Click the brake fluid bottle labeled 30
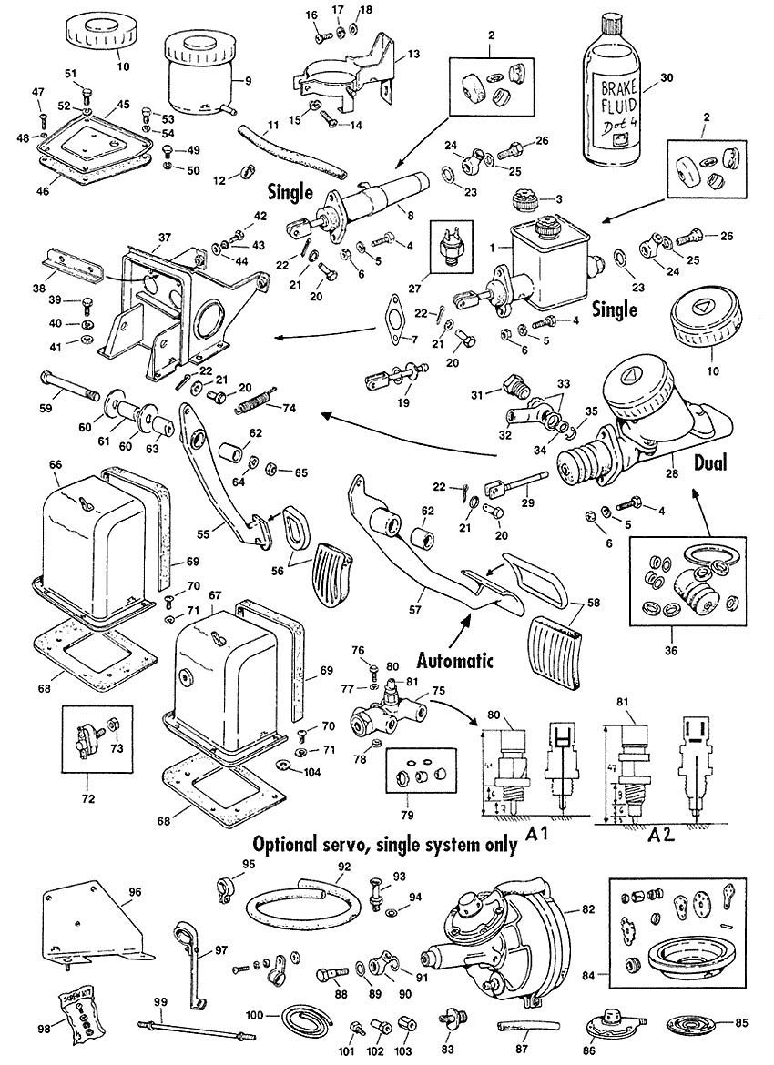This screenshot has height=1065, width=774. point(619,91)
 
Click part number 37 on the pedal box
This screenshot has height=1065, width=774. point(163,238)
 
